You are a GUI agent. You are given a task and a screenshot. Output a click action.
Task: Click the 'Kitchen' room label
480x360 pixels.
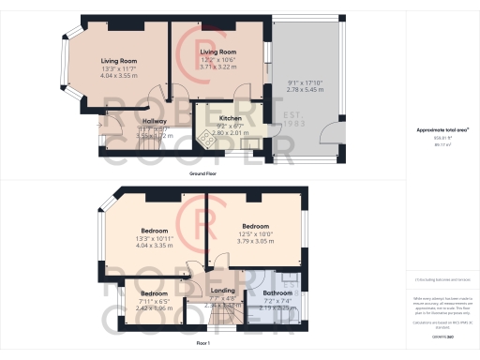click(x=231, y=118)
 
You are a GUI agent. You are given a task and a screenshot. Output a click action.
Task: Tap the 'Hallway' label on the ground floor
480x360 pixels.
click(x=154, y=121)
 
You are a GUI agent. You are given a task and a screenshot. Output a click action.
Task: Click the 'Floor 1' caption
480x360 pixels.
click(x=202, y=345)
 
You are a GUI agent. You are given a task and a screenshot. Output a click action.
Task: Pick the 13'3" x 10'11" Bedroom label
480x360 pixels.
click(x=154, y=231)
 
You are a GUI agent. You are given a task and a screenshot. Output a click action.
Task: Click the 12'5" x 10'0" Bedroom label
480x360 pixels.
click(x=256, y=226)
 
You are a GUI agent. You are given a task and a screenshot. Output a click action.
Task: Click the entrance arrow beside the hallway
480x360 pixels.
click(x=102, y=123)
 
